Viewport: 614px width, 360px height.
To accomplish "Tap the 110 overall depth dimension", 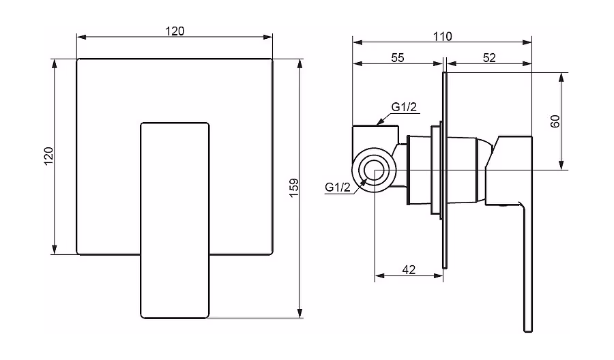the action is tap(443, 36).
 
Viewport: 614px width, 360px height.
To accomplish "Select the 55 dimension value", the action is tap(398, 58).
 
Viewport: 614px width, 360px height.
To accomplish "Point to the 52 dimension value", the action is tap(489, 58).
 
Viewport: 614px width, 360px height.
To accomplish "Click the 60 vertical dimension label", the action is tap(555, 121).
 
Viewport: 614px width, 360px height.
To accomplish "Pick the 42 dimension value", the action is tap(409, 269).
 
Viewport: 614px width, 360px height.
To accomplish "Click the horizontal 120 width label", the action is tap(175, 31).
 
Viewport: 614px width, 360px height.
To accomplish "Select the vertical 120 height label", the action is tap(48, 155).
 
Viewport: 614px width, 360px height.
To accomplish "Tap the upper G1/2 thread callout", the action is tap(404, 107).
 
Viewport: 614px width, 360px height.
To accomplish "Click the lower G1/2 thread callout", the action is tap(338, 187).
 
